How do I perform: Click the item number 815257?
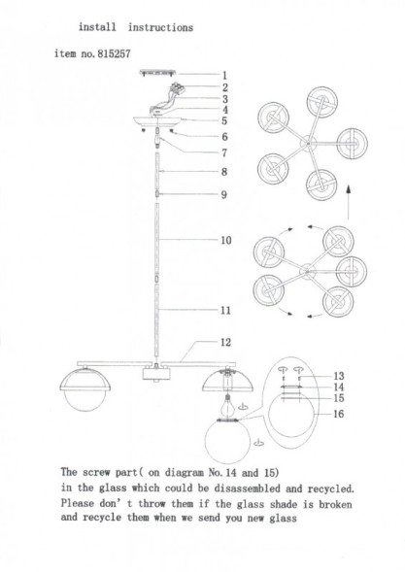coord(114,54)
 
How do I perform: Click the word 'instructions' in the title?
coord(160,27)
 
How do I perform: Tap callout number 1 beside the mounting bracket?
coord(224,75)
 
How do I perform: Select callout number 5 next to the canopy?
coord(224,120)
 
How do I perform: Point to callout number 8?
coord(224,172)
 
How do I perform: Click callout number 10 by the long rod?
coord(226,240)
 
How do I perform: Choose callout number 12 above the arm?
coord(226,342)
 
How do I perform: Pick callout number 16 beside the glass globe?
coord(339,414)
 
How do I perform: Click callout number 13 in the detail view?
coord(339,376)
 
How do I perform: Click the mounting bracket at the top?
coord(157,73)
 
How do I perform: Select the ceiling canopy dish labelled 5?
coord(157,121)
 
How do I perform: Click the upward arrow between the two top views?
coord(349,202)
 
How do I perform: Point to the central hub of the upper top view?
coord(308,143)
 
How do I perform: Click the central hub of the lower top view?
coord(308,271)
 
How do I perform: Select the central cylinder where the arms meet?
coord(156,374)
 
